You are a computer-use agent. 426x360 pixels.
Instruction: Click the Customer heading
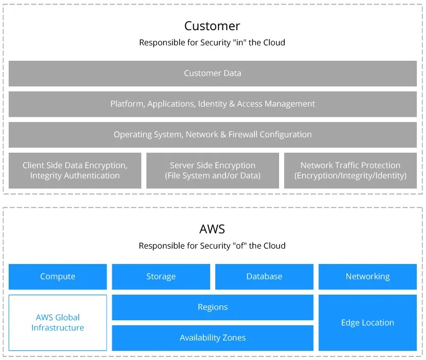[212, 26]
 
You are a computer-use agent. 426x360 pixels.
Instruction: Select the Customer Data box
[212, 74]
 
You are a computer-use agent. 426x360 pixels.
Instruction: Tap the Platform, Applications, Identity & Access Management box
[212, 104]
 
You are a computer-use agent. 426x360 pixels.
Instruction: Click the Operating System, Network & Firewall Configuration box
[212, 135]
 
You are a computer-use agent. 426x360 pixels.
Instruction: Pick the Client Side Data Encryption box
[75, 171]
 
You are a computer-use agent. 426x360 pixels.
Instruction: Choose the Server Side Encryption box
[213, 171]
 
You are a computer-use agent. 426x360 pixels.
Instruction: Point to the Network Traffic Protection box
[350, 171]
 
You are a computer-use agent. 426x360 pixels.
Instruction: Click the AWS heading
[212, 229]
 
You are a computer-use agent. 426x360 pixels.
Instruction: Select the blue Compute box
[58, 277]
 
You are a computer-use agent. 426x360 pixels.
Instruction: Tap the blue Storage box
[161, 277]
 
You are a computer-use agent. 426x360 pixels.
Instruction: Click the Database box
[264, 277]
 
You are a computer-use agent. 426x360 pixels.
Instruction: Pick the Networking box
[367, 277]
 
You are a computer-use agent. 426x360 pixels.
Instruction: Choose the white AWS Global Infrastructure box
[58, 323]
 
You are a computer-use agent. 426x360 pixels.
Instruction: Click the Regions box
[212, 307]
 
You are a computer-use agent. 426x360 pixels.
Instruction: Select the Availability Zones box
[212, 338]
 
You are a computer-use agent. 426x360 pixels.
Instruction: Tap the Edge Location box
[367, 323]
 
